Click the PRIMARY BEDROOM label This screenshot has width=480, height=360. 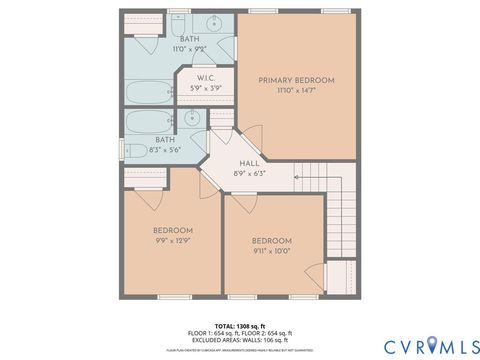(296, 80)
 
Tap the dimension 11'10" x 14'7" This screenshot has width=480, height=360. (296, 91)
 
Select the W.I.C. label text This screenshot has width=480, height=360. (207, 78)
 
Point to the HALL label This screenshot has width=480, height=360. (250, 163)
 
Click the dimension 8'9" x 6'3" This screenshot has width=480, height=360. (250, 174)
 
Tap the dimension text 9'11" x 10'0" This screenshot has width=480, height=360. (271, 252)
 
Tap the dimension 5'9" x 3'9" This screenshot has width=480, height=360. (207, 89)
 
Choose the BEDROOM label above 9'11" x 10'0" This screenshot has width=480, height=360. (271, 241)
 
